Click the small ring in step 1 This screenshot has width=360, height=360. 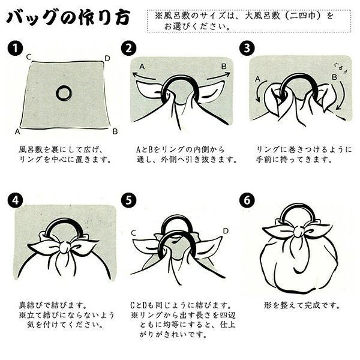pos(64,92)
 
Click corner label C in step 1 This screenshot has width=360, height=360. pos(28,57)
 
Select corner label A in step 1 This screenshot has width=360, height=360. pos(18,131)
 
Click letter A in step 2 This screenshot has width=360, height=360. pos(142,65)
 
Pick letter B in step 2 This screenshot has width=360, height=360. pos(223,66)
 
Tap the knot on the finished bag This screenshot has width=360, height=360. pos(298,232)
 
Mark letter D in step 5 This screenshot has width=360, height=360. pos(226,230)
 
